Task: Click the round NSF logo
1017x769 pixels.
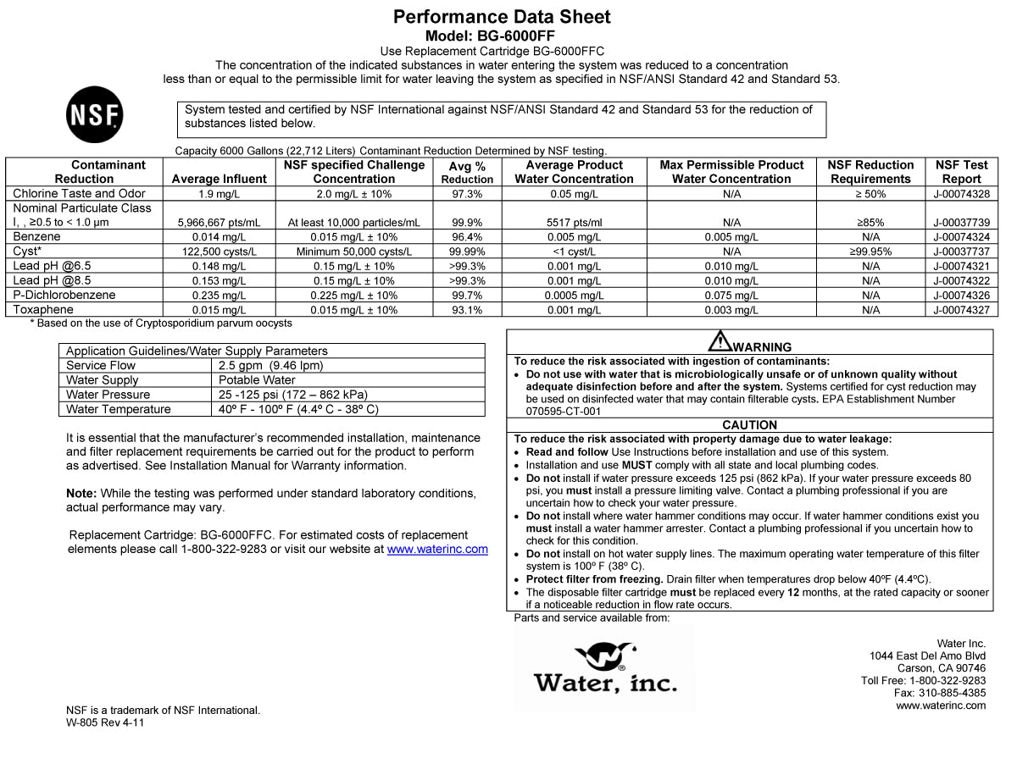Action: [x=94, y=115]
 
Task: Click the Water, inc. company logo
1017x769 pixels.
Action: [x=605, y=668]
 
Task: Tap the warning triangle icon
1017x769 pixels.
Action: [x=720, y=341]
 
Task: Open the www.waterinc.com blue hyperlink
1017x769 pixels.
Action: [x=437, y=549]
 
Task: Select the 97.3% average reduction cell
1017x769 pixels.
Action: [x=467, y=194]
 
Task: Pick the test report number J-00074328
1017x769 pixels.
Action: [x=961, y=194]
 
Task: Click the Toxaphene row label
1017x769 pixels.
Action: [x=43, y=310]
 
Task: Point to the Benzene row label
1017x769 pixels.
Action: [x=36, y=237]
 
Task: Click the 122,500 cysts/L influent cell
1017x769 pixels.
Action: [x=220, y=252]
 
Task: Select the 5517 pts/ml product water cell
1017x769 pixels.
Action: [x=574, y=223]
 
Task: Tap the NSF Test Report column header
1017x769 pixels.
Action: [x=961, y=172]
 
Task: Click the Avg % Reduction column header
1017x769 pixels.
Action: [x=467, y=173]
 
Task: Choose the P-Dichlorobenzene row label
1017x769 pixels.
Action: [x=64, y=296]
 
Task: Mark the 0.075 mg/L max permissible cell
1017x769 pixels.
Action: [x=731, y=296]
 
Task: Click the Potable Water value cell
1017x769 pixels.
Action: [x=257, y=380]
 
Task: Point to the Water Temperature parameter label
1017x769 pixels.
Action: [x=119, y=409]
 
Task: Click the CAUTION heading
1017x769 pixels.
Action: [x=749, y=425]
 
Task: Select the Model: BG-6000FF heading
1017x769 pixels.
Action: [x=502, y=36]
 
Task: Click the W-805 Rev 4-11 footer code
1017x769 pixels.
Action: [x=105, y=723]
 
